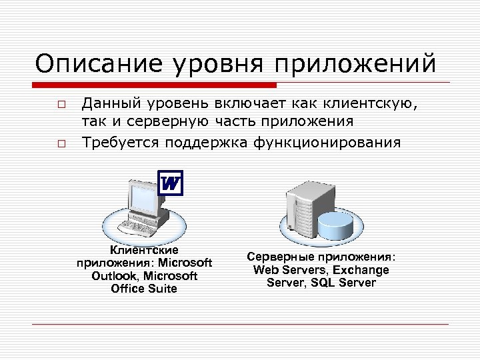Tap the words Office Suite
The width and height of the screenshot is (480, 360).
[144, 289]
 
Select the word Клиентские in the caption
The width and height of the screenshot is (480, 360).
[144, 250]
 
